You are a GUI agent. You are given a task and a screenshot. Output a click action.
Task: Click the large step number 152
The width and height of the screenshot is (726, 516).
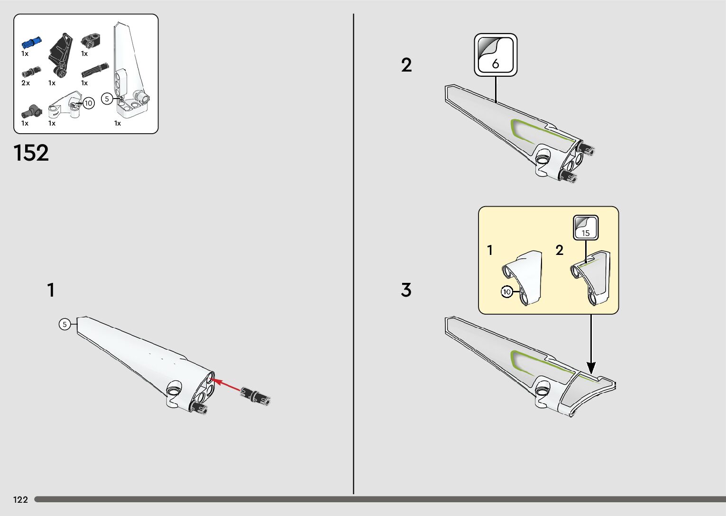[31, 153]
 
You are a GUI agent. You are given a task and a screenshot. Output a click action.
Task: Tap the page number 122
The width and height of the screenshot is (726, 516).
[20, 499]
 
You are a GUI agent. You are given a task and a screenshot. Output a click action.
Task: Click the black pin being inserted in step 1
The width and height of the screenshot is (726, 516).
[255, 396]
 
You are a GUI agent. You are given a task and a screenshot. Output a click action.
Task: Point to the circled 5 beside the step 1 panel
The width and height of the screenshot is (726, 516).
[65, 325]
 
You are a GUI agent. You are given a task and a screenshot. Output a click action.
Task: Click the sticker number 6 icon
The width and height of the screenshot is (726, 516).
[496, 55]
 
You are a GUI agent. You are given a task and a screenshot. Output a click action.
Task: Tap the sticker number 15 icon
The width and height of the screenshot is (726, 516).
[586, 228]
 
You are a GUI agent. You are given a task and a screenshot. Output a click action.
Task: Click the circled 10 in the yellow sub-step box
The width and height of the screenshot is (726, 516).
[507, 292]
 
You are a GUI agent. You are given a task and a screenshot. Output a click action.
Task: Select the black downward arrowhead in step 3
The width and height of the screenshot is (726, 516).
[591, 367]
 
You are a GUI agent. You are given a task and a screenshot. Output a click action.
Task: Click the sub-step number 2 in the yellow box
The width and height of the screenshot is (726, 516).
[560, 250]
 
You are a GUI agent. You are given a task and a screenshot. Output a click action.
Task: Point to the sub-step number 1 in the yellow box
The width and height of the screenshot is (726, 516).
[490, 250]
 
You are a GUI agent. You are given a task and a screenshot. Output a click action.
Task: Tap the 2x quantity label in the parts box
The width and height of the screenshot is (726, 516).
[26, 83]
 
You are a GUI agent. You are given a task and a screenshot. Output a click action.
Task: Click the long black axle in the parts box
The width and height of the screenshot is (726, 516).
[95, 70]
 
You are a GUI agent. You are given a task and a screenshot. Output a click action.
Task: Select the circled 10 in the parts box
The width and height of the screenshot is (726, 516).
[89, 103]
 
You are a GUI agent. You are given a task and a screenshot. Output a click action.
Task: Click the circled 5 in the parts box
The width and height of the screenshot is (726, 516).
[107, 99]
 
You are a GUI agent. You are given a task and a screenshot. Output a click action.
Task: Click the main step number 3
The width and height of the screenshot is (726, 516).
[406, 290]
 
